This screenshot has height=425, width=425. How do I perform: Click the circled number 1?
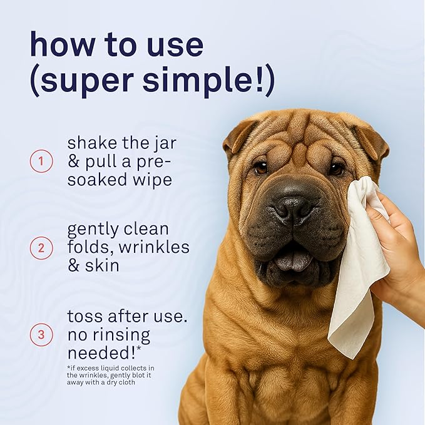[x=41, y=162]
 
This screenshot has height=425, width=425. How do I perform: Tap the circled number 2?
[x=41, y=248]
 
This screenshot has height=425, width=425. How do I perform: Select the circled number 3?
[x=41, y=334]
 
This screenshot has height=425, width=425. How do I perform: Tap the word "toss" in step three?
[x=85, y=316]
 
